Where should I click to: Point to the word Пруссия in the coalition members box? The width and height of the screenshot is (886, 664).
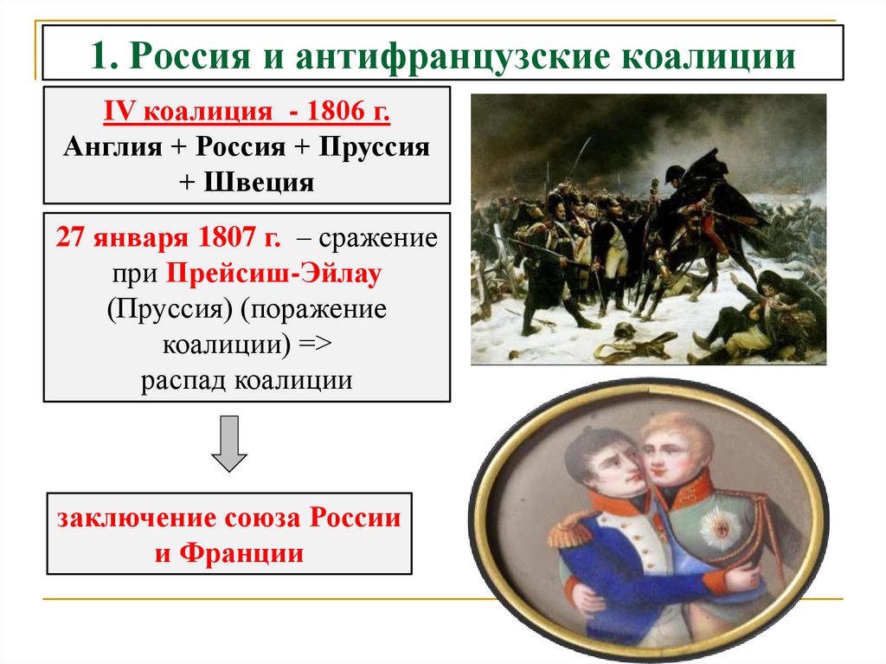click(374, 146)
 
